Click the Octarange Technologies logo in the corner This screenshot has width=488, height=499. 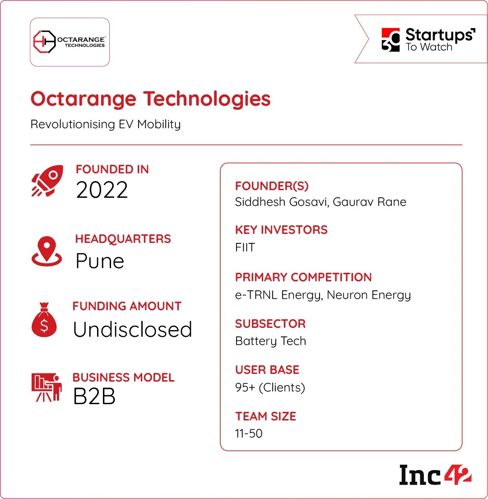(x=70, y=42)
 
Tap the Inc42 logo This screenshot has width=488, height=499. (x=435, y=475)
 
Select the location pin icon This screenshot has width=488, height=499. (x=47, y=251)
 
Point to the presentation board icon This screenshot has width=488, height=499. (x=46, y=387)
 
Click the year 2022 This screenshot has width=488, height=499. (x=102, y=190)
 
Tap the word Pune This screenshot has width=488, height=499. (x=100, y=261)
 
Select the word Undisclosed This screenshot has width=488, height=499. (x=132, y=329)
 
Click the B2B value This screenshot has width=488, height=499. (x=94, y=396)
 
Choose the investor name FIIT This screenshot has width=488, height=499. (x=245, y=247)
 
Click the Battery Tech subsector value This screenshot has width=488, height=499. (x=271, y=341)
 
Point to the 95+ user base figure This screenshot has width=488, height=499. (x=245, y=387)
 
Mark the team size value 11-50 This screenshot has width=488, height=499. (x=249, y=434)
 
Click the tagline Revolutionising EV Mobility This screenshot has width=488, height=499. (x=106, y=124)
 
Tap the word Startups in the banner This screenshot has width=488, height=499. (x=440, y=35)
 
